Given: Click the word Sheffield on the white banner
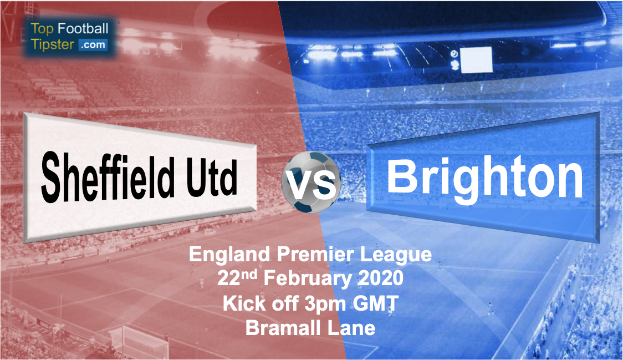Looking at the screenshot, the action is coord(108,178).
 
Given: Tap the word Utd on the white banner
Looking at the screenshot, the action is coord(211,178).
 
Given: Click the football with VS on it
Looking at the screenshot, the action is coord(311,182).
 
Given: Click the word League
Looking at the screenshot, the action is coord(396,255).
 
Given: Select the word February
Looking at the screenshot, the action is coord(308,279).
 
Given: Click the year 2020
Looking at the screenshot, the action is coord(381,278).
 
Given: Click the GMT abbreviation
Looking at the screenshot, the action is coord(375,303).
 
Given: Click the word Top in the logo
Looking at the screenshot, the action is coord(42,29).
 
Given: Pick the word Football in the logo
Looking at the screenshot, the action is coord(83,28).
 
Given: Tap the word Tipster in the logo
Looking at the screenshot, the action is coord(53,44).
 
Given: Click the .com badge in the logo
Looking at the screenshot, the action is coord(93,44).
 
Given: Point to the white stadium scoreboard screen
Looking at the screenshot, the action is coord(476,60).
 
